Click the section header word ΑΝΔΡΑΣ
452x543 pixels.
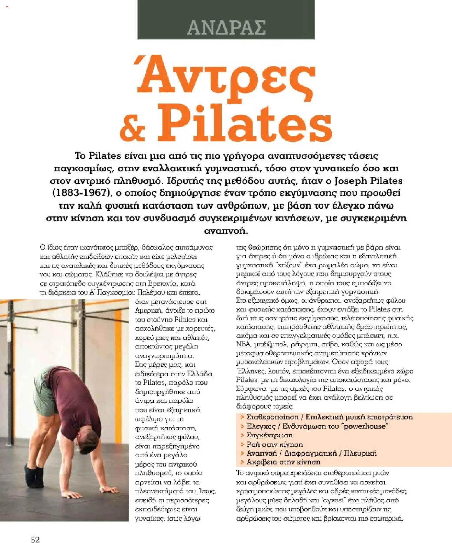[226, 28]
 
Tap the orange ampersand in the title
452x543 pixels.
[132, 128]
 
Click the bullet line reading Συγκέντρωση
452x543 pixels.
[269, 435]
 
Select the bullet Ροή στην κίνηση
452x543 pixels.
[275, 444]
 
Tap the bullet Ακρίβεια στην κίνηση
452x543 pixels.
[283, 462]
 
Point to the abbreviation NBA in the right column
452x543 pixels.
[243, 344]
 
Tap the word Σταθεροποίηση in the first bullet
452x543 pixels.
[273, 417]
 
